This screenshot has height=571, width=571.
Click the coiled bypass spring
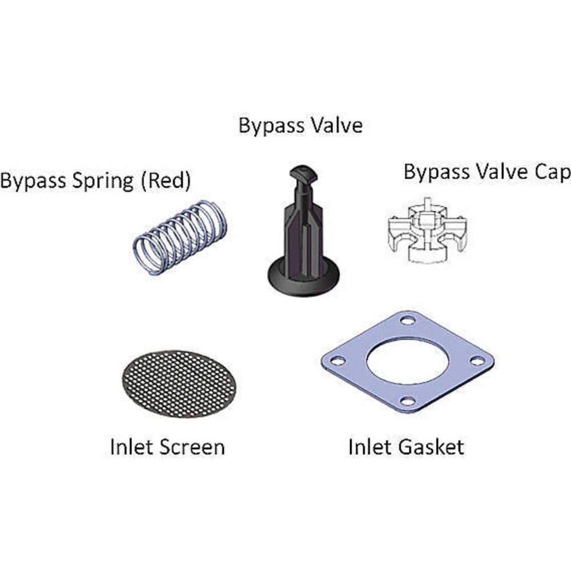pos(180,236)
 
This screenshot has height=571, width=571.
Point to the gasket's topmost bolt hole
pos(408,320)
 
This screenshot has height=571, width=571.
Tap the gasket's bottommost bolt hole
pos(407,401)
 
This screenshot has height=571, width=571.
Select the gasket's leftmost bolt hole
pos(337,361)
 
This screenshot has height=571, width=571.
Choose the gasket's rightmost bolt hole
pos(477,361)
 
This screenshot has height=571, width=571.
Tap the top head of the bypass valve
pos(303,172)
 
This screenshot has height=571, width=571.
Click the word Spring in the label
pos(107,181)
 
